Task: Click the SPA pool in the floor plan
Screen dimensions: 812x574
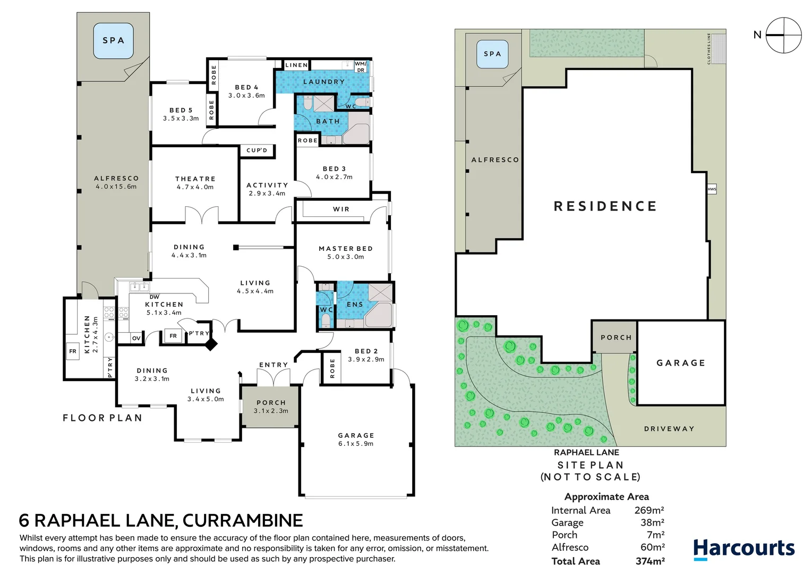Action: pyautogui.click(x=114, y=40)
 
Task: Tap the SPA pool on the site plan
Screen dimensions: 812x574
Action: pyautogui.click(x=492, y=54)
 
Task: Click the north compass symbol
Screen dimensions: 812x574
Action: pyautogui.click(x=784, y=35)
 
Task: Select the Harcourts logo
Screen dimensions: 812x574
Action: pyautogui.click(x=744, y=550)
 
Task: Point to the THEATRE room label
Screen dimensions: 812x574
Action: pyautogui.click(x=195, y=179)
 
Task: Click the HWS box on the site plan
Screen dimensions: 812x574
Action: pyautogui.click(x=712, y=189)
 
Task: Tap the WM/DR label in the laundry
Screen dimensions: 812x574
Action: pyautogui.click(x=360, y=67)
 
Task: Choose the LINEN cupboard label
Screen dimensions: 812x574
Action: pyautogui.click(x=296, y=65)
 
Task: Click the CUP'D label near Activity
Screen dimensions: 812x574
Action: pyautogui.click(x=257, y=150)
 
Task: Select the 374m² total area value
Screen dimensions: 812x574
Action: pyautogui.click(x=651, y=561)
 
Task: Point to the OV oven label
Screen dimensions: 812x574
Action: pyautogui.click(x=136, y=338)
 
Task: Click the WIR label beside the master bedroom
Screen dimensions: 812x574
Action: pyautogui.click(x=341, y=209)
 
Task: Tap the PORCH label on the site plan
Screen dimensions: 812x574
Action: pyautogui.click(x=616, y=337)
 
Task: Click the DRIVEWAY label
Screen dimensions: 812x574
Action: pyautogui.click(x=669, y=429)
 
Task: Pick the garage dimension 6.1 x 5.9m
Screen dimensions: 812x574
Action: pyautogui.click(x=356, y=443)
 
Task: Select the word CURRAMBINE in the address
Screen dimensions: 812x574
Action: pyautogui.click(x=243, y=520)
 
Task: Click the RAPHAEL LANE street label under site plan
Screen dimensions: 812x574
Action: pyautogui.click(x=586, y=452)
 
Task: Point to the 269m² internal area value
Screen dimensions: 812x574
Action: pyautogui.click(x=649, y=510)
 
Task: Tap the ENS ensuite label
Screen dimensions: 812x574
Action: pyautogui.click(x=355, y=305)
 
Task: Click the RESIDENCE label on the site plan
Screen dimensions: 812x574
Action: pyautogui.click(x=605, y=206)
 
